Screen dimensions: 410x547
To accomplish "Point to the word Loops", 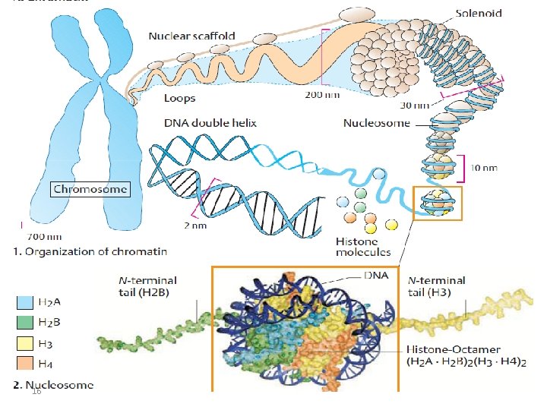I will (x=180, y=98).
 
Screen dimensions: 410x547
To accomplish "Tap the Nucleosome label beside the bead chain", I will (x=376, y=123).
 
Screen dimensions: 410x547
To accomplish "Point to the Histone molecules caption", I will (x=363, y=246).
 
